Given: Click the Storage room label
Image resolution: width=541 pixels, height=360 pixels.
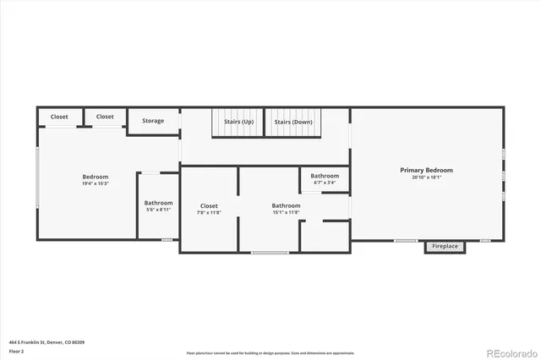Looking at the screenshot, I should [153, 121].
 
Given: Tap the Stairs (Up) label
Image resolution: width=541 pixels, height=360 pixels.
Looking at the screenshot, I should [238, 122].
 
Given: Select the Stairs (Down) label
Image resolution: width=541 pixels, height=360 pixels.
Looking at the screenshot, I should [293, 122].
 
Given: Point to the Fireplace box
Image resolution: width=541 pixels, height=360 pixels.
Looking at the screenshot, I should [445, 247].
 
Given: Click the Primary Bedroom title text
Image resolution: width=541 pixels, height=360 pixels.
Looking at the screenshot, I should [426, 170].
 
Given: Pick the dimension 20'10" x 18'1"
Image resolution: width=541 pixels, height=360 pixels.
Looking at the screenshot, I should [426, 177].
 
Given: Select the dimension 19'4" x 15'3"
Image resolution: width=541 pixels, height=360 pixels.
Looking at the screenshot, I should [96, 183].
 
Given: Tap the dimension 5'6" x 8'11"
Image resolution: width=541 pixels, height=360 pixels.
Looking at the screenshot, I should [158, 210].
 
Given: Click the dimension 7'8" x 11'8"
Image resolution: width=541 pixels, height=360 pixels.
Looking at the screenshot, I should [209, 213].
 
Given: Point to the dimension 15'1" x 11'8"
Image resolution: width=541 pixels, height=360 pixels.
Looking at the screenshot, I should [286, 213].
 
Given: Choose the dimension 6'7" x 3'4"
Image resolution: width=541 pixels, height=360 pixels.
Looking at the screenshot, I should [325, 183].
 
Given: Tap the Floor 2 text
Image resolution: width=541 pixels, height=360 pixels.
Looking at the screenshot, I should [16, 351].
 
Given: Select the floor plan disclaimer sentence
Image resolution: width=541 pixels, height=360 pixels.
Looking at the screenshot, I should [270, 352].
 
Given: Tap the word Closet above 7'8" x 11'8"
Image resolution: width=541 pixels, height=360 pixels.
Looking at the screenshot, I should [209, 205].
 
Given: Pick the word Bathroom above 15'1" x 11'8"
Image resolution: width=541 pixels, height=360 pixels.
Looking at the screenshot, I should [286, 205].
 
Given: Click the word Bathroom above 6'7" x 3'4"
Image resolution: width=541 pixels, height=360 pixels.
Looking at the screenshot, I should [325, 176].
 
